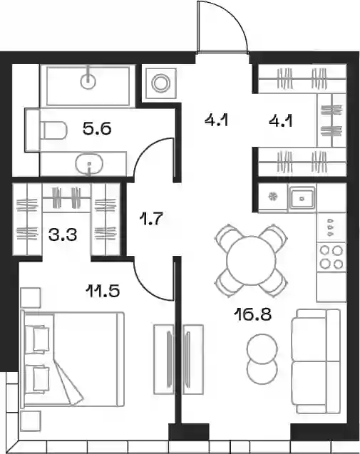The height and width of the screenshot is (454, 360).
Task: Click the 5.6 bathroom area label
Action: coord(97,129)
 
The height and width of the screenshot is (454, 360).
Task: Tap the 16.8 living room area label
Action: coord(254,314)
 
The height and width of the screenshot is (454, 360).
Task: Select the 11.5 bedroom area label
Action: coord(103,291)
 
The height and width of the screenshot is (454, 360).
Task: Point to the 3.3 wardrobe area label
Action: coord(63,235)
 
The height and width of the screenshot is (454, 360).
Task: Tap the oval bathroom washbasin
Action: coord(90,164)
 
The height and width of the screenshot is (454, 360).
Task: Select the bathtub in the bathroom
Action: coord(88,86)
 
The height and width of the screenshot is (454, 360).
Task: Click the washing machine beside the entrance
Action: coord(161,83)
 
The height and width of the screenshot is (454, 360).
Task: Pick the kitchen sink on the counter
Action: coord(302,199)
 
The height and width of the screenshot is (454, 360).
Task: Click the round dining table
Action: coord(250,260)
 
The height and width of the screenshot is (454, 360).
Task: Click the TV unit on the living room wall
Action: coord(193,359)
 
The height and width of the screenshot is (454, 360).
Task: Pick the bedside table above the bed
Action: coord(31,298)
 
